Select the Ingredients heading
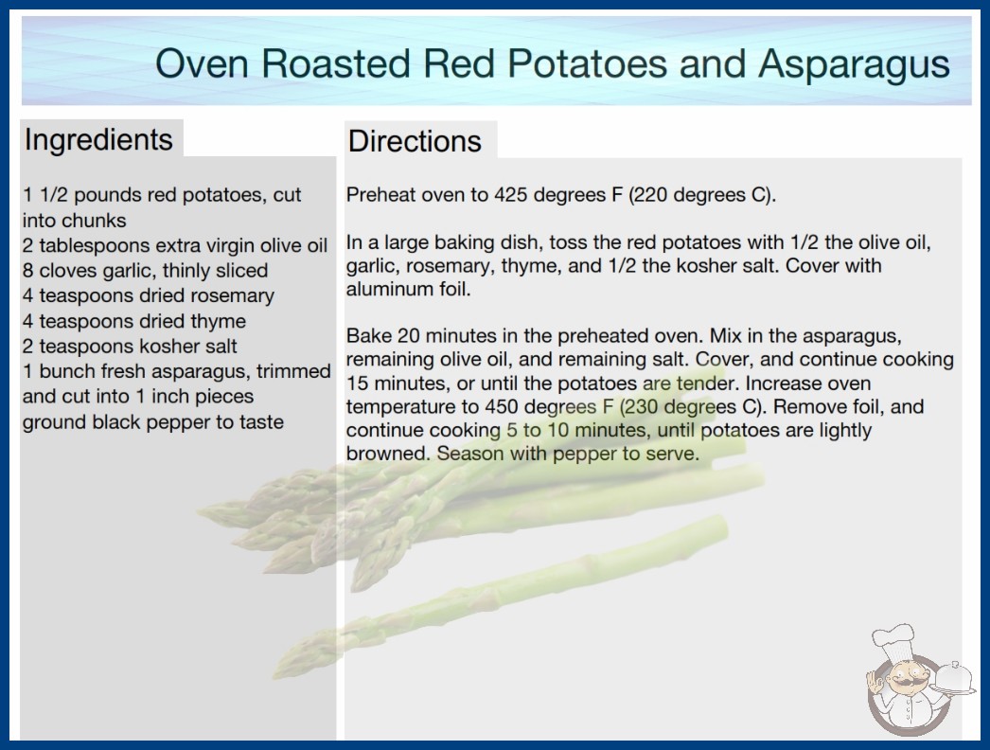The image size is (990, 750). (x=98, y=140)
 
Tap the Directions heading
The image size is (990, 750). (x=415, y=141)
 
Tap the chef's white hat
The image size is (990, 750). (x=894, y=639)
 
